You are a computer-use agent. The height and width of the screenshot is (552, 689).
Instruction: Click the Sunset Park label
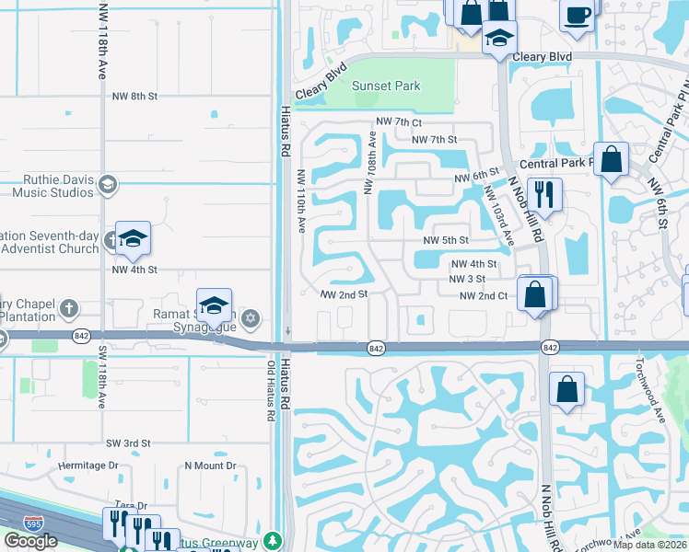coord(387,86)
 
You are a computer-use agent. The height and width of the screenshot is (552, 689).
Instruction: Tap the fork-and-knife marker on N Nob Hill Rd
coord(545,195)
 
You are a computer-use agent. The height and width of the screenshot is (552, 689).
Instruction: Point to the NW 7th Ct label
coord(398,122)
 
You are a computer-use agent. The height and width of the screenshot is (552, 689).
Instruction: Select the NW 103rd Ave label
coord(498,215)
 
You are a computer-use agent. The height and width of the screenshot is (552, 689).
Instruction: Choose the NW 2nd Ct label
coord(484,295)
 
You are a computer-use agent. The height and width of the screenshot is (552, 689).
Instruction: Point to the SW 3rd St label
coord(127,443)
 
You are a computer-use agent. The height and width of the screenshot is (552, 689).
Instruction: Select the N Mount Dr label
coord(211,466)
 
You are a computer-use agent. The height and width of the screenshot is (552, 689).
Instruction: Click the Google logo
coord(30,541)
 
